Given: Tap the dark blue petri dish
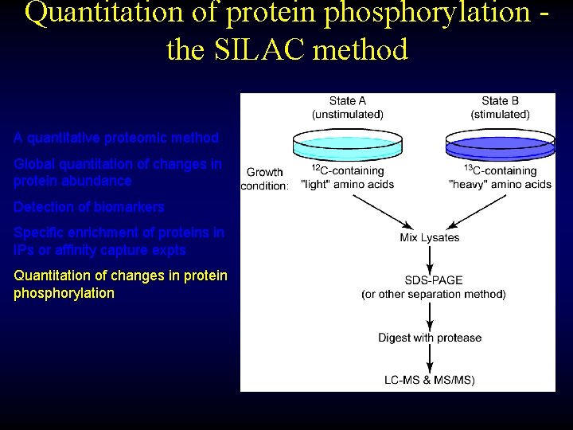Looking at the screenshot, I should click(x=500, y=147).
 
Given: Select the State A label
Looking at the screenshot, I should click(x=348, y=101).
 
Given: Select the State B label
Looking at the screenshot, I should click(x=500, y=101).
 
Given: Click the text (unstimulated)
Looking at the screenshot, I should click(x=348, y=114).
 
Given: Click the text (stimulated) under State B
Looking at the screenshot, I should click(x=500, y=114).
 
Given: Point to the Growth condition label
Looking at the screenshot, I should click(x=265, y=178).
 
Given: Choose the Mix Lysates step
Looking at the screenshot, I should click(x=430, y=237).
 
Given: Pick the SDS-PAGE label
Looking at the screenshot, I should click(x=434, y=280).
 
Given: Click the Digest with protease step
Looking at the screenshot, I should click(x=430, y=338).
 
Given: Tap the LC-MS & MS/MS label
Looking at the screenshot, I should click(x=430, y=380).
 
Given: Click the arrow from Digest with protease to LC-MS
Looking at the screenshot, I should click(x=430, y=359).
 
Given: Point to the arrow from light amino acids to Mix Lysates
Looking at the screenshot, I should click(x=380, y=210).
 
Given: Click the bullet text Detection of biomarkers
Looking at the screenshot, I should click(x=89, y=207).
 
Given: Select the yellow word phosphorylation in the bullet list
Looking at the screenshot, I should click(x=64, y=293).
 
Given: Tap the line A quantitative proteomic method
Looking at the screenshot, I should click(x=116, y=138).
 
